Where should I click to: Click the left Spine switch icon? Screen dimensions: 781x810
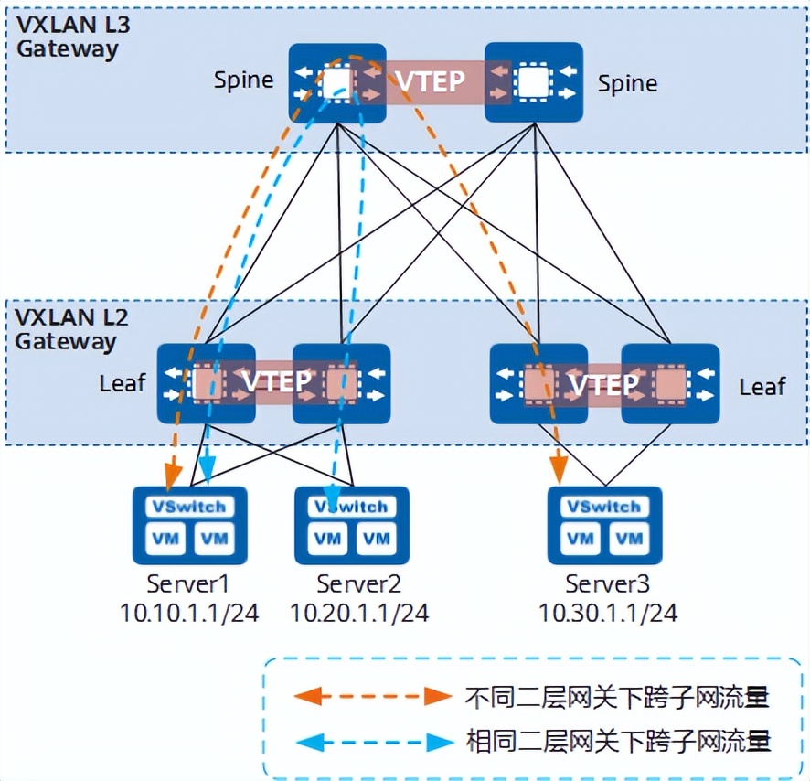click(x=337, y=83)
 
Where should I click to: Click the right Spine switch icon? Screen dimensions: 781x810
click(x=533, y=83)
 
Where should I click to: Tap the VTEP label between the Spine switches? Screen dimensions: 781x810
click(x=430, y=82)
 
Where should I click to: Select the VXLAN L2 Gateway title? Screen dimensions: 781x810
click(x=68, y=329)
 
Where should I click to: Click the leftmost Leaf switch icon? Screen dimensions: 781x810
click(x=205, y=383)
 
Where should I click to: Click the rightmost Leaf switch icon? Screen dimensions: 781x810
click(x=669, y=383)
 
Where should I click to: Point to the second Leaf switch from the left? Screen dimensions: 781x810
click(x=341, y=383)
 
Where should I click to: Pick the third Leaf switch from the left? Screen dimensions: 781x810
click(x=538, y=383)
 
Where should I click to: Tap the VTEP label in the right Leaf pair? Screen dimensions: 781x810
click(x=603, y=383)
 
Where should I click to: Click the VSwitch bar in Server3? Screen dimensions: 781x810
click(x=604, y=507)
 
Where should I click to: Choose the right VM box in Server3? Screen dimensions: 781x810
click(x=629, y=539)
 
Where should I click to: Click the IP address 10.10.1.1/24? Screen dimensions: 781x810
click(x=189, y=613)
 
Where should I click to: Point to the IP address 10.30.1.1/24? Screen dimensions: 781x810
click(x=608, y=613)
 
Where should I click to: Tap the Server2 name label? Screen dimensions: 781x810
click(x=358, y=583)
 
